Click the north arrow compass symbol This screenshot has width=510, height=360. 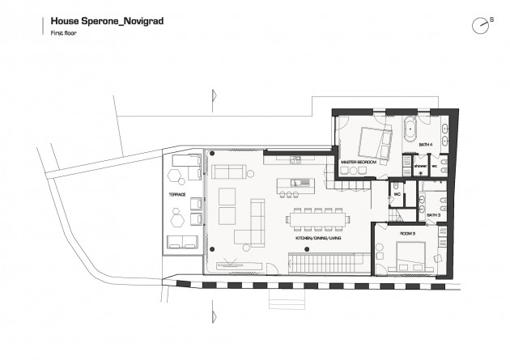tap(482, 25)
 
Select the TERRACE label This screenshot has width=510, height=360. tap(176, 195)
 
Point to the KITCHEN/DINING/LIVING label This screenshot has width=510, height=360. tap(317, 240)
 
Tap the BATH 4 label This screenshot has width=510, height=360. tap(426, 145)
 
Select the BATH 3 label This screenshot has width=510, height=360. tap(433, 216)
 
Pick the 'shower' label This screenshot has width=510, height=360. tap(420, 165)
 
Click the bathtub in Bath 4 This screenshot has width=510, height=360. tap(410, 129)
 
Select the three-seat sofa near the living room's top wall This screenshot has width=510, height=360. tap(230, 171)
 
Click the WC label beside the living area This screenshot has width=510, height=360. tap(397, 195)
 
